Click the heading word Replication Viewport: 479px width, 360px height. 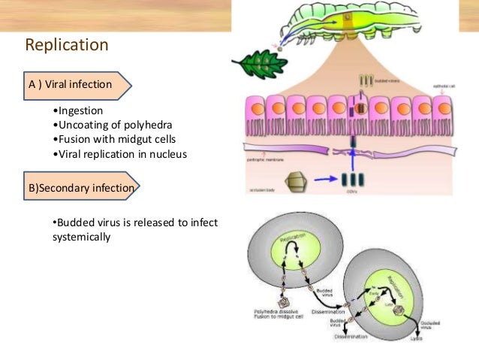[x=67, y=45]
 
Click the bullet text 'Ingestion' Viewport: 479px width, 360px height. [x=82, y=110]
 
